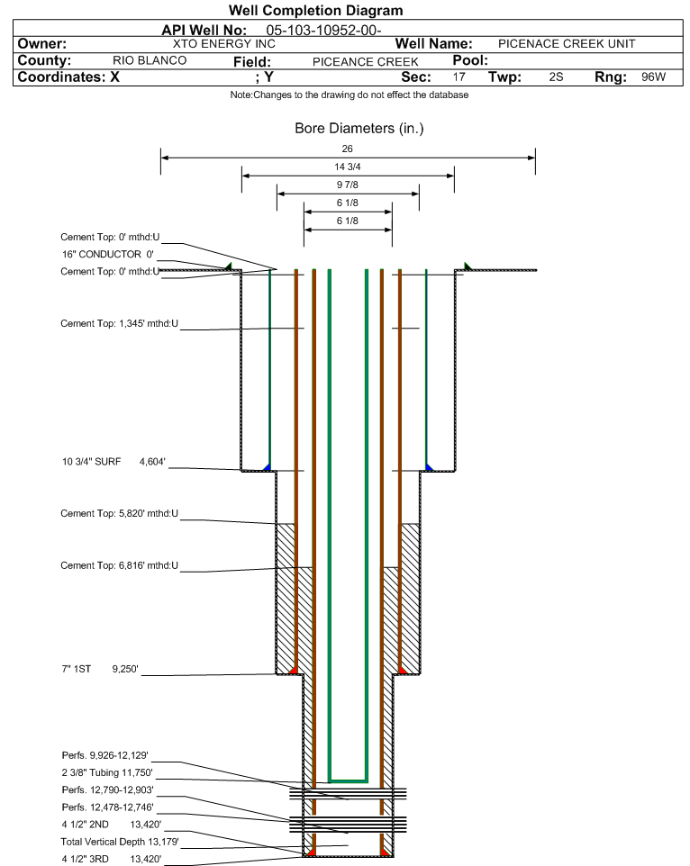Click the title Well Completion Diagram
pos(316,11)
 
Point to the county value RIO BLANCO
pos(150,60)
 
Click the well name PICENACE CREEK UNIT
pos(567,43)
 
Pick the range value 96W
pos(653,77)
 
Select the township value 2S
pos(556,77)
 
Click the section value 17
pos(459,77)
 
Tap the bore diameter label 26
pos(348,149)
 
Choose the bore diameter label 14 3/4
pos(348,167)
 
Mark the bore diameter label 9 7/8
pos(348,185)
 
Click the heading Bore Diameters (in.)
pos(359,129)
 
